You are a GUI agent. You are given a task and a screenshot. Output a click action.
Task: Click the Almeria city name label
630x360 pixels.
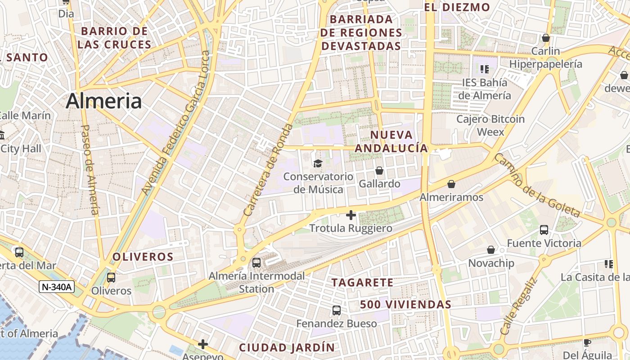(104, 101)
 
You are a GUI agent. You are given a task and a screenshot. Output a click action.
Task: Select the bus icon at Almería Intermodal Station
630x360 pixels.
(256, 262)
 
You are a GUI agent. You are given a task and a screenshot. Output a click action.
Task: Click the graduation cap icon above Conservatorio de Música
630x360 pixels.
(318, 163)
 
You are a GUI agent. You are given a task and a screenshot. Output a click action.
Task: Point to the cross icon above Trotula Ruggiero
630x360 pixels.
(351, 215)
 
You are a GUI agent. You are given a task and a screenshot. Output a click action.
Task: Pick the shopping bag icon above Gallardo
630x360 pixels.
(379, 171)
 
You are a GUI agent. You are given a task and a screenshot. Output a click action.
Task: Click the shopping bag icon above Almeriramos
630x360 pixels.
(451, 184)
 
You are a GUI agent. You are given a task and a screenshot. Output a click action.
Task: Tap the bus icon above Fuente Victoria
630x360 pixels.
(544, 230)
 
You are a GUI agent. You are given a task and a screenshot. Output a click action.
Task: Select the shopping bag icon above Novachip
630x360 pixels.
(491, 249)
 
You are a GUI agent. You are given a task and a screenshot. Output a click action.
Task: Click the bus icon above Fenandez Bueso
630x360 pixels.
(337, 310)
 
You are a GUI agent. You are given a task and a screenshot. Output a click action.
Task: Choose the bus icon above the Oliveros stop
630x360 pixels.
(111, 278)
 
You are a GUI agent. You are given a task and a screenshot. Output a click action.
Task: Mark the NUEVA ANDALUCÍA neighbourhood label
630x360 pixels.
(391, 141)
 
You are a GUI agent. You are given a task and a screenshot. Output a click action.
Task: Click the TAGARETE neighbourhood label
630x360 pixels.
(362, 283)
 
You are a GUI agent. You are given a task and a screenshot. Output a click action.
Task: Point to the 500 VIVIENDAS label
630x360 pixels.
(405, 305)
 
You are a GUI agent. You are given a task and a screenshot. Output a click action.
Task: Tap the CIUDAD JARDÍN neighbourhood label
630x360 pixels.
(287, 347)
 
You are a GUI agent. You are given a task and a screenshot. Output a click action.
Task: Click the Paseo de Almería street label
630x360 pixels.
(89, 169)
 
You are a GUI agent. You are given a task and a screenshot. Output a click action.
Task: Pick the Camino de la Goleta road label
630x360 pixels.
(536, 185)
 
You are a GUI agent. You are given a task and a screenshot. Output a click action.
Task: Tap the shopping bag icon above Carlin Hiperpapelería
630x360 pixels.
(546, 38)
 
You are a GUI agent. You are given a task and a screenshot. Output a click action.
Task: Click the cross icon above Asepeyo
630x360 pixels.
(203, 344)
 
